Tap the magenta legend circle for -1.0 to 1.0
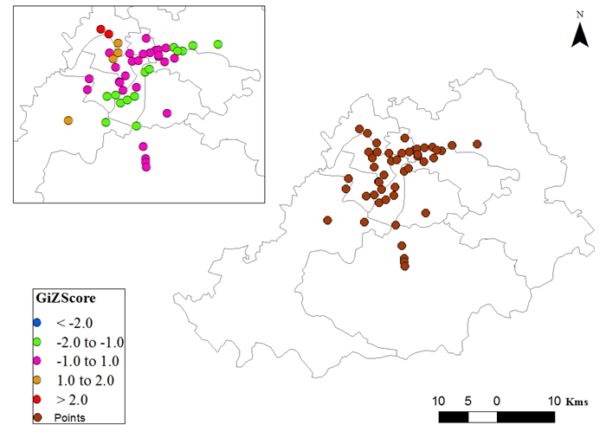tap(36, 360)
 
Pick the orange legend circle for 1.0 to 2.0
tap(36, 379)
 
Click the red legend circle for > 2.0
tap(36, 399)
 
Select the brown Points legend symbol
tap(36, 417)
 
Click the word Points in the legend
tap(69, 418)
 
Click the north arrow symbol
tap(580, 34)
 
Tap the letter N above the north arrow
tap(580, 14)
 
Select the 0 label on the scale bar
tap(497, 402)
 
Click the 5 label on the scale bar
tap(467, 402)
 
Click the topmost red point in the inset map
tap(101, 29)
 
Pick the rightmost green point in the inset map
tap(218, 44)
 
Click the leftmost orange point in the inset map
tap(68, 120)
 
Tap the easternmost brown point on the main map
tap(476, 145)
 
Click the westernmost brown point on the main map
tap(327, 220)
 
